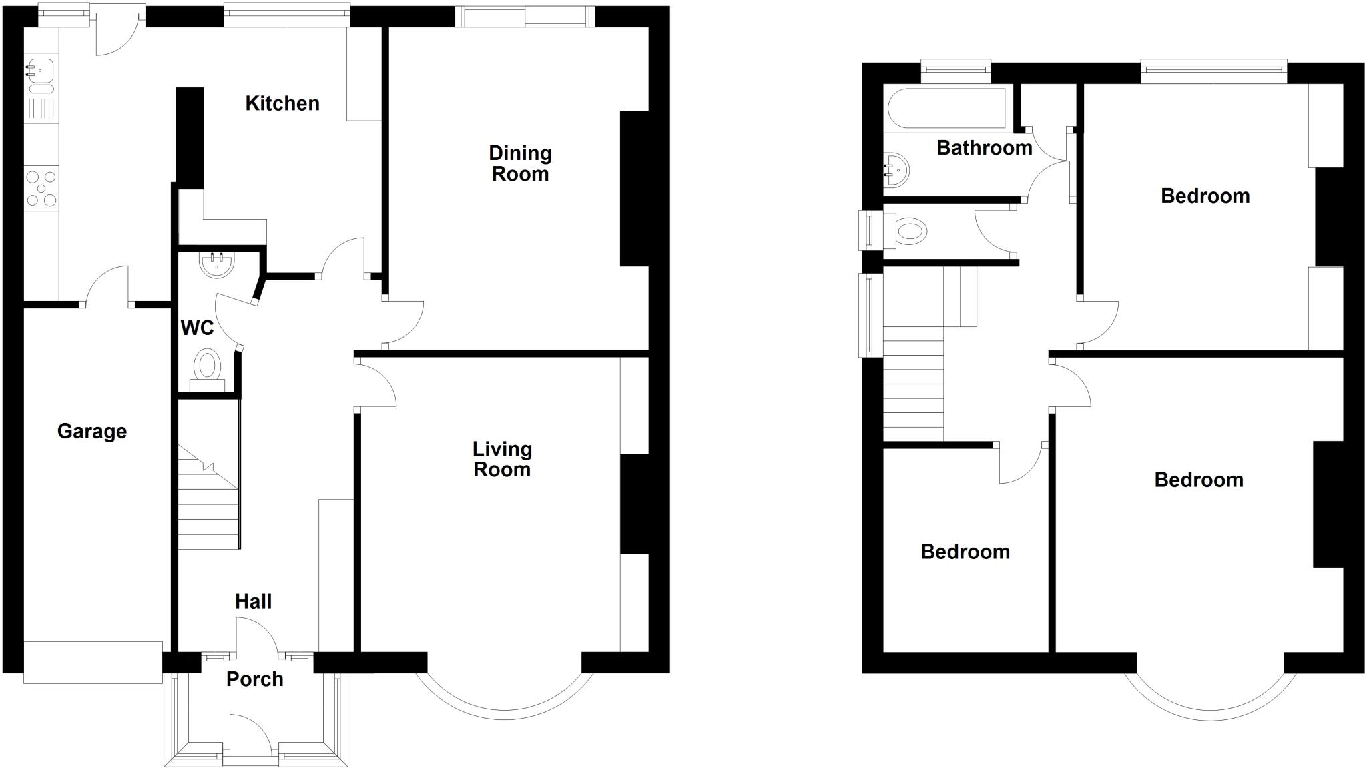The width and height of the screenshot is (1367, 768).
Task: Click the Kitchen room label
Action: (x=282, y=103)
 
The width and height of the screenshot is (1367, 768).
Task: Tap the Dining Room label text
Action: (x=520, y=163)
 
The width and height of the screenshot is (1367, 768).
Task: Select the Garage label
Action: (x=92, y=431)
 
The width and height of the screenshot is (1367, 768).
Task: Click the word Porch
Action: (x=254, y=679)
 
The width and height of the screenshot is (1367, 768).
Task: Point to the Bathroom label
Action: (x=985, y=148)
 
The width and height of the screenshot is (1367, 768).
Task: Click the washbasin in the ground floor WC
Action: (x=216, y=265)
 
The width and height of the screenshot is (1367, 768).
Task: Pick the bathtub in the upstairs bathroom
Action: (x=946, y=107)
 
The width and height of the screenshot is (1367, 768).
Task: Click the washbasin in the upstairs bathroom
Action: (x=896, y=170)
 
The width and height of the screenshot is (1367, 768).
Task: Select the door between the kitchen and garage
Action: (x=107, y=287)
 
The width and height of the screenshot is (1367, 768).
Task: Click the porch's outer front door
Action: (x=250, y=735)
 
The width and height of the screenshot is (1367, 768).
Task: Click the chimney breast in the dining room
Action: (x=634, y=189)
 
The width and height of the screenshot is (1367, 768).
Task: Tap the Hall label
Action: (x=253, y=602)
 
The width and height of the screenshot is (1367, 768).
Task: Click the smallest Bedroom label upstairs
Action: (x=965, y=552)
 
